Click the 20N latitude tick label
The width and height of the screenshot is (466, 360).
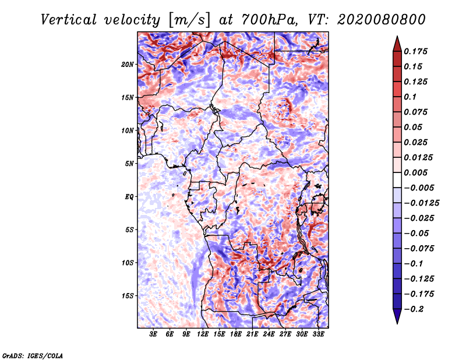(127, 65)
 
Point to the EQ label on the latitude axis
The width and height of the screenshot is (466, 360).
(129, 197)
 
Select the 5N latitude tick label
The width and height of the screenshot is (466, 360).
(129, 164)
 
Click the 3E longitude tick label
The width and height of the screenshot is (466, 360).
(153, 334)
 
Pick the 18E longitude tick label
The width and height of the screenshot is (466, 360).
(236, 334)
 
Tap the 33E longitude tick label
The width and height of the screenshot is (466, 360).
(318, 334)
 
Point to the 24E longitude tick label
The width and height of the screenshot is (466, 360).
(269, 334)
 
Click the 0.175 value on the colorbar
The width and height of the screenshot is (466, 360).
(415, 51)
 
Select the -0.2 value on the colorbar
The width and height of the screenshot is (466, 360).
(414, 309)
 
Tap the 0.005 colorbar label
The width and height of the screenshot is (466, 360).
(415, 172)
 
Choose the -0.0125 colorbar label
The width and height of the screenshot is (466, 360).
(421, 203)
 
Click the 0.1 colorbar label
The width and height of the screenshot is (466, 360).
(410, 97)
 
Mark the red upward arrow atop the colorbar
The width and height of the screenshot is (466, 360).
(397, 44)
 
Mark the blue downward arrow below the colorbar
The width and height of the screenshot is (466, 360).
(397, 316)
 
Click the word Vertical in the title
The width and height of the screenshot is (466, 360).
(69, 20)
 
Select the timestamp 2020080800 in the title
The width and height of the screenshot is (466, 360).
(381, 20)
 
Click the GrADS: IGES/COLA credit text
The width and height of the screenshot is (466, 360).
(33, 355)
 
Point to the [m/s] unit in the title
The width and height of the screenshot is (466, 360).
(189, 20)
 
